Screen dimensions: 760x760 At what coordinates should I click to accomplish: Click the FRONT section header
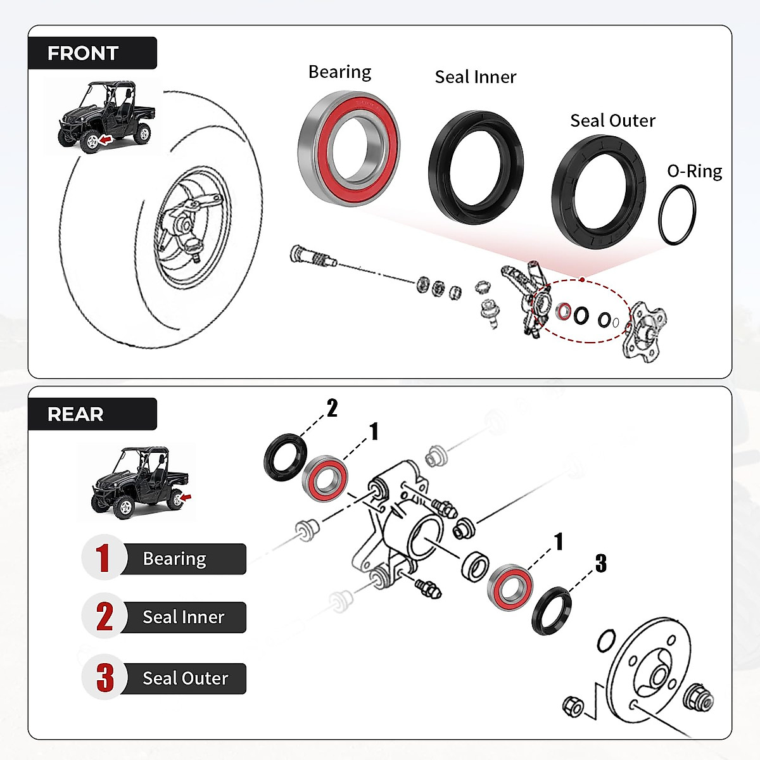click(x=83, y=53)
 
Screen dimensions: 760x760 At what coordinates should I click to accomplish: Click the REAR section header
click(x=75, y=414)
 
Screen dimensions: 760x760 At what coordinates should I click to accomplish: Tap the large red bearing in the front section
click(x=348, y=148)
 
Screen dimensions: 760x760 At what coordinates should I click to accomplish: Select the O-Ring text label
click(x=694, y=171)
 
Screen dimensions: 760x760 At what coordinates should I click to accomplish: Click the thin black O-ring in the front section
click(x=677, y=215)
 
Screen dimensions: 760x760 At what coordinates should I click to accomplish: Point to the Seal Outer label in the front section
click(x=612, y=120)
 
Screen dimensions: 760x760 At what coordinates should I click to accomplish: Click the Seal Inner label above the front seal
click(x=475, y=77)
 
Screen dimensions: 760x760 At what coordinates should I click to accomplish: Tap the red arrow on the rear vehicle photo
click(x=185, y=497)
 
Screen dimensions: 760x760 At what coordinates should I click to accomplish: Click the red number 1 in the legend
click(x=103, y=558)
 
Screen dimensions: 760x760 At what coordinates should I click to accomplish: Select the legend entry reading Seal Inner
click(x=183, y=617)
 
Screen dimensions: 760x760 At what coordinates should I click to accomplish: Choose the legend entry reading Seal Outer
click(x=185, y=678)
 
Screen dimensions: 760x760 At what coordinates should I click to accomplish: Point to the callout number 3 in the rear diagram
click(x=600, y=563)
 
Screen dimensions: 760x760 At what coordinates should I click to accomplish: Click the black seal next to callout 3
click(x=551, y=611)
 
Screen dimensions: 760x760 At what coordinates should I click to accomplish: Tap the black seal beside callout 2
click(x=285, y=457)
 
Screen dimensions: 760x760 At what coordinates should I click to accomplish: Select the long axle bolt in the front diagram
click(x=310, y=257)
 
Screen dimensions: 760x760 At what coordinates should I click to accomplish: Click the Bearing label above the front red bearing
click(x=339, y=72)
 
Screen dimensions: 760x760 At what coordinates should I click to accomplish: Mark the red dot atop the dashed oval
click(x=581, y=279)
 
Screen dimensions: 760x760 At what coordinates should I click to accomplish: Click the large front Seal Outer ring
click(x=598, y=193)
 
